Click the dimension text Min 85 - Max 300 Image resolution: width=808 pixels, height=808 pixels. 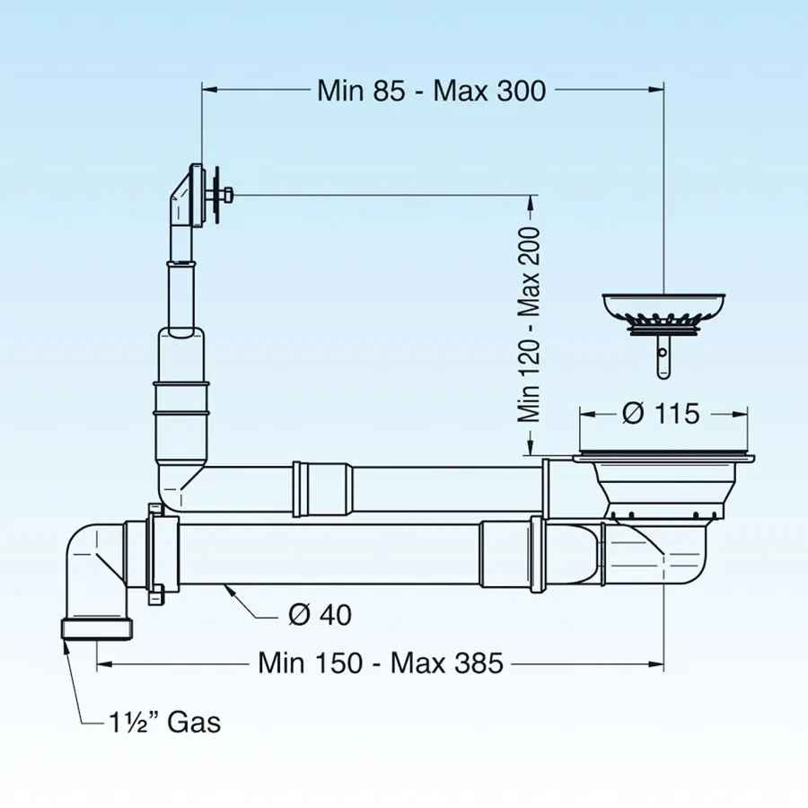coord(431,91)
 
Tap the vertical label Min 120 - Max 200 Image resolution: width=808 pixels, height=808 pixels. coord(529,325)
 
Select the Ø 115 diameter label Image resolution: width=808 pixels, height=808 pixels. coord(661,413)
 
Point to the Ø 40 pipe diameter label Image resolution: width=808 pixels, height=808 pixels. coord(320,615)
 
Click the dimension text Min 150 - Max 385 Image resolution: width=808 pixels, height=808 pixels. coord(381,663)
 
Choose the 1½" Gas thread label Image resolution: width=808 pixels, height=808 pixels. coord(165,723)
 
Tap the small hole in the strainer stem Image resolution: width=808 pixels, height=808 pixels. coord(663,354)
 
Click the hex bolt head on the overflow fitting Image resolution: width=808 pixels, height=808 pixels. coord(228,196)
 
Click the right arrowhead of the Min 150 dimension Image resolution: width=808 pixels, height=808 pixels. coord(656,664)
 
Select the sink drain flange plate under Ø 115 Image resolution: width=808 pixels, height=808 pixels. coord(663,457)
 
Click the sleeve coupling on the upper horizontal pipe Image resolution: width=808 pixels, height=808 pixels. coord(322,489)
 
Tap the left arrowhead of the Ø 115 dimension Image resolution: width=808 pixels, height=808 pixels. coord(588,414)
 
